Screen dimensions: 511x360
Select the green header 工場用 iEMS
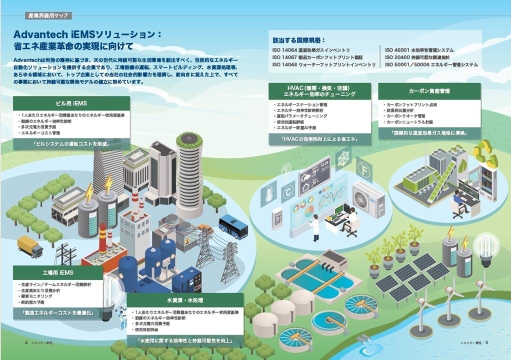58,272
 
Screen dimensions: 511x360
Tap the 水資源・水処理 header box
184,300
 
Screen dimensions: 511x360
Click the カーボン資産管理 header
429,90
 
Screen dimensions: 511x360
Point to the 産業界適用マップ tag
48,15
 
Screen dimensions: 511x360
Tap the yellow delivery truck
30,246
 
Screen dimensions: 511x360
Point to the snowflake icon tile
343,156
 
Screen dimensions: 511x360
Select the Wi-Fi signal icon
286,168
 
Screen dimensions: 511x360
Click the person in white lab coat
314,227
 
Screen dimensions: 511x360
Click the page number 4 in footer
26,342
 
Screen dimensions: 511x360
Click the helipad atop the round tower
189,136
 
